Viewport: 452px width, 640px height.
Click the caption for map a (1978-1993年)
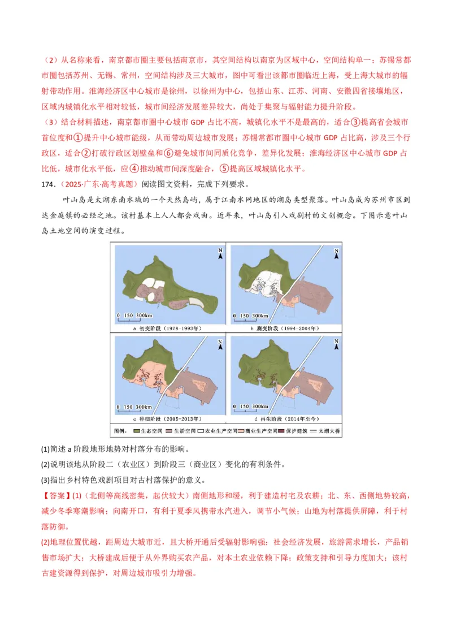pyautogui.click(x=168, y=328)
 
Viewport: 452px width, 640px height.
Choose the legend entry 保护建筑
pyautogui.click(x=299, y=431)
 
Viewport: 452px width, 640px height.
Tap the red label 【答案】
pyautogui.click(x=55, y=496)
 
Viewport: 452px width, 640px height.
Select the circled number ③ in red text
pyautogui.click(x=355, y=122)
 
